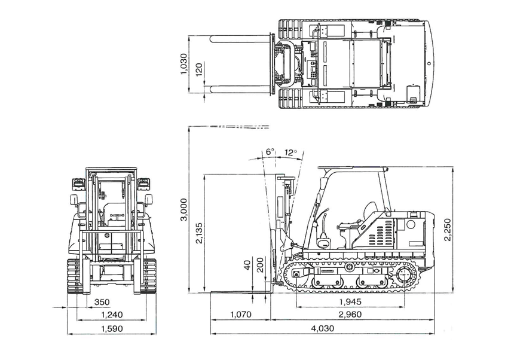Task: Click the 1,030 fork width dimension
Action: click(x=184, y=64)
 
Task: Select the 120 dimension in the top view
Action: click(x=200, y=70)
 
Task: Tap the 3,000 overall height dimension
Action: click(x=184, y=210)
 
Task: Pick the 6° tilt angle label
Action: click(x=270, y=152)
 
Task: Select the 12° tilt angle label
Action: click(x=291, y=152)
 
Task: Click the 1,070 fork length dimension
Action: click(x=240, y=314)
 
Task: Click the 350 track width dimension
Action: click(x=102, y=301)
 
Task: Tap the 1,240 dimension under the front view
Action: click(x=111, y=314)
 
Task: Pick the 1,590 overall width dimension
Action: click(x=111, y=328)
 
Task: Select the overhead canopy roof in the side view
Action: click(x=353, y=169)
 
